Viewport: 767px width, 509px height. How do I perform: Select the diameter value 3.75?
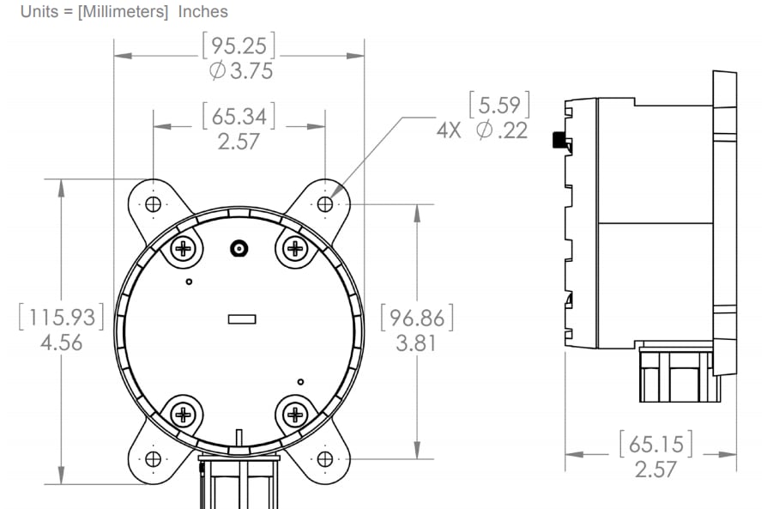[240, 71]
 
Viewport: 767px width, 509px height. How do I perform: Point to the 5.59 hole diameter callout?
[498, 106]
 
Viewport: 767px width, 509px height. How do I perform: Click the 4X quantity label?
[449, 131]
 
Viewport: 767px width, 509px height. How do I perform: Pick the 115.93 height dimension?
[61, 318]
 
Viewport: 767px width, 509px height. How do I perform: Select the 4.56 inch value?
[62, 343]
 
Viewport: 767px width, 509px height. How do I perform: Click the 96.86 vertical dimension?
[416, 318]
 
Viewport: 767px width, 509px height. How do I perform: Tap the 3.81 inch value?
[416, 343]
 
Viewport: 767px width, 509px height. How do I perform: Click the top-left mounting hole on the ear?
[154, 204]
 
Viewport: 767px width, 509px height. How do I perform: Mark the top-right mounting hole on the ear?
[325, 204]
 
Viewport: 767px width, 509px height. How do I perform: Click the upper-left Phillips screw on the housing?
[184, 249]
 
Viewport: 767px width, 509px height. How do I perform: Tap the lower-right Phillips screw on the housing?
[295, 415]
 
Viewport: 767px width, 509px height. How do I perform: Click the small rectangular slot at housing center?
[242, 319]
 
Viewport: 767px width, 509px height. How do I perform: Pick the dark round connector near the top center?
[239, 249]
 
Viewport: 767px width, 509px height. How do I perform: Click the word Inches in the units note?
[203, 11]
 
